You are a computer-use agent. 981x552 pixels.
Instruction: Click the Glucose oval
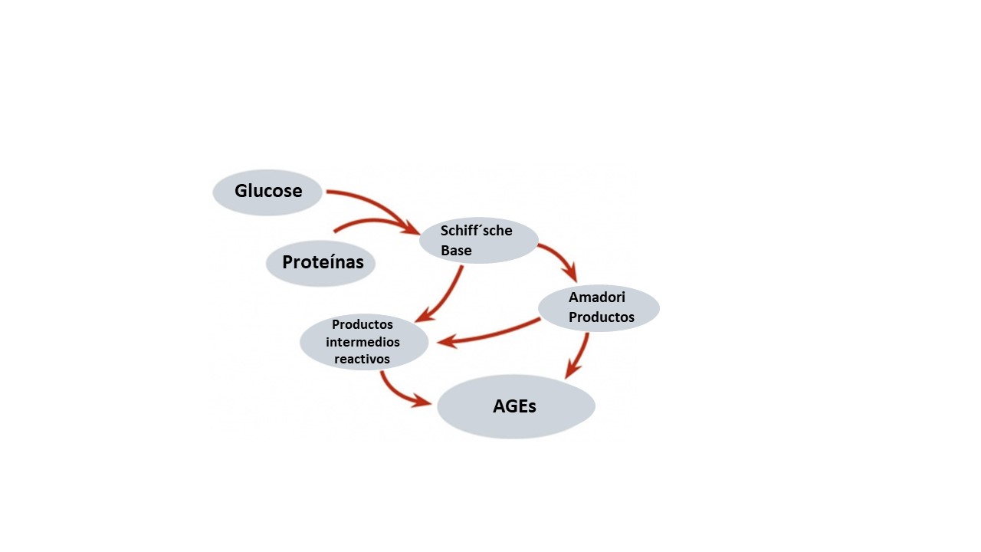click(x=267, y=192)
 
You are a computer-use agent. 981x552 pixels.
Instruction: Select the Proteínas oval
click(x=320, y=263)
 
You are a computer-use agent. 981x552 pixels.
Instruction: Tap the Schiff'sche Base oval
click(x=479, y=240)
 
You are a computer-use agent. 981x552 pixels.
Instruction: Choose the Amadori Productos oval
click(x=599, y=307)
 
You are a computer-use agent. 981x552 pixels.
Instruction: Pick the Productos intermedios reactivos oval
click(x=363, y=341)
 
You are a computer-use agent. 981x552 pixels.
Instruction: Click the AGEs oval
click(x=516, y=406)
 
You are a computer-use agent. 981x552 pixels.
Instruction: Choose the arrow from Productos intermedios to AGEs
click(x=399, y=389)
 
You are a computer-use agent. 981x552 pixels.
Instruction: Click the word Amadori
click(x=596, y=297)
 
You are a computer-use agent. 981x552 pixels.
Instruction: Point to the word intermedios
click(x=363, y=342)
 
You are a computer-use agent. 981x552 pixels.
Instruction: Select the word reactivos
click(x=362, y=359)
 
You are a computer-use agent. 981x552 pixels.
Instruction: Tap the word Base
click(x=456, y=251)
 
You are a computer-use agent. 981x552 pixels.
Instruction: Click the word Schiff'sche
click(x=476, y=231)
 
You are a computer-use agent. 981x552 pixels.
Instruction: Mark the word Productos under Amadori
click(x=601, y=317)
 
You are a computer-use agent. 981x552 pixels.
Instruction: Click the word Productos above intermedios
click(x=363, y=324)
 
